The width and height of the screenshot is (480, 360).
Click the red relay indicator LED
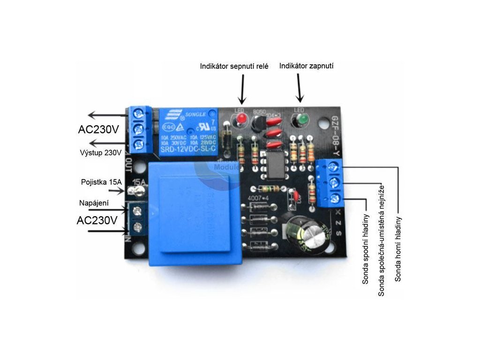point(241,119)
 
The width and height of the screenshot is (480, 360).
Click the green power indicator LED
point(300,120)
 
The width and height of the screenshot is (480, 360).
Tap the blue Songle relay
point(188,131)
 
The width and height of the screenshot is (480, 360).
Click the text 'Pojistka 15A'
point(100,182)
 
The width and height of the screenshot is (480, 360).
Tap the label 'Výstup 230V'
point(100,152)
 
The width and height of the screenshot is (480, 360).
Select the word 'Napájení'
point(94,203)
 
